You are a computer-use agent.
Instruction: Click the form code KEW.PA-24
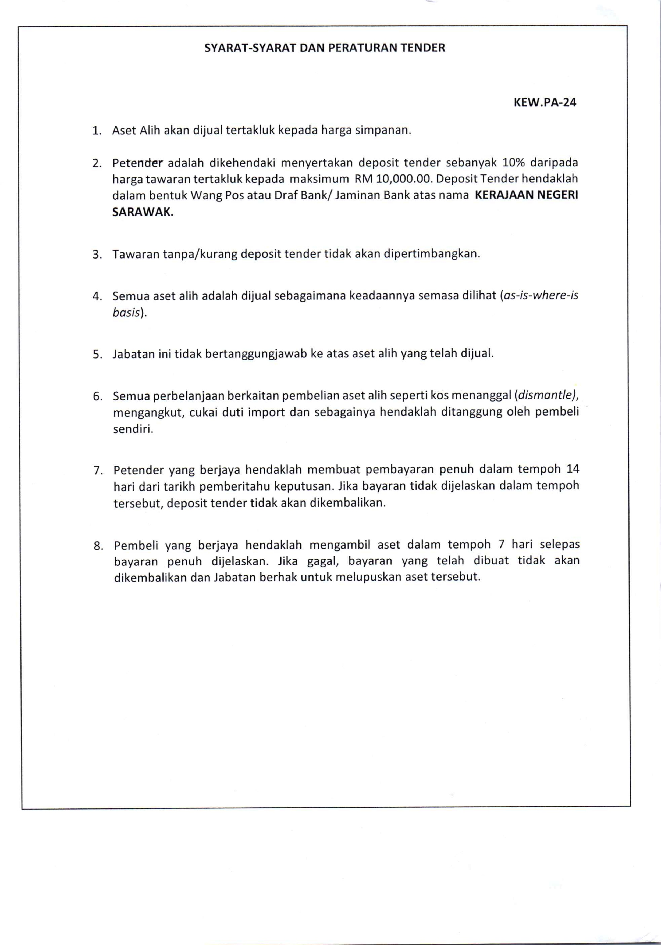tap(545, 102)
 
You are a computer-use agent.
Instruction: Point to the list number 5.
tap(97, 354)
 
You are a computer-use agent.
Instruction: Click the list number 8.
tap(98, 546)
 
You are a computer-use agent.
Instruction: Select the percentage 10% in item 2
tap(513, 163)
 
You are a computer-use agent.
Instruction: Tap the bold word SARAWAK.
tap(143, 212)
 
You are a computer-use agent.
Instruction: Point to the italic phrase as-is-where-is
tap(540, 296)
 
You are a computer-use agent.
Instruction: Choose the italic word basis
tap(126, 313)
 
